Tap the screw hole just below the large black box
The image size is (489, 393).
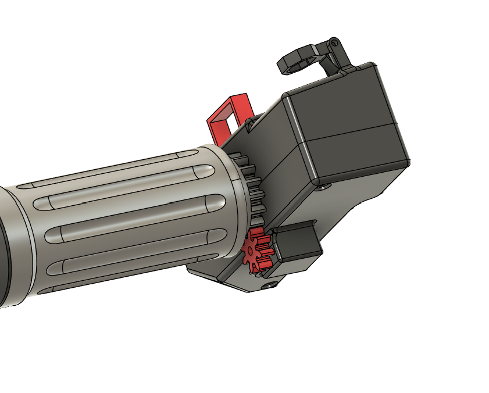pos(323,187)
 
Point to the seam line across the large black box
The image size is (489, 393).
pos(349,134)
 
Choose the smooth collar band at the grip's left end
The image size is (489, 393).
pos(17,244)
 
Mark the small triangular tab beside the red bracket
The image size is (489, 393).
pos(251,123)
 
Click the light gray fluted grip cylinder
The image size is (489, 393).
pos(128,221)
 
